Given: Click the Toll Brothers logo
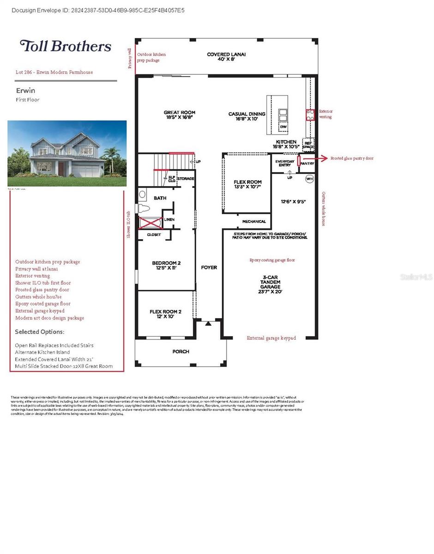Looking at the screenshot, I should [65, 46].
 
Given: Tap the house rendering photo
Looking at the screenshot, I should [67, 153].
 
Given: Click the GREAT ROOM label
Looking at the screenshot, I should [180, 115].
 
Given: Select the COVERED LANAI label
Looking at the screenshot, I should [226, 57].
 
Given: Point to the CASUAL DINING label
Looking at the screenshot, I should [247, 116].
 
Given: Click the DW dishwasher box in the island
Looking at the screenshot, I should [283, 126].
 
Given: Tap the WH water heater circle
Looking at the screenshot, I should [309, 179].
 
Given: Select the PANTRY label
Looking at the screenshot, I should [307, 163].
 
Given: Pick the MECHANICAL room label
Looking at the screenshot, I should [254, 222].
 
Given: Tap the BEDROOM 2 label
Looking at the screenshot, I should [166, 265].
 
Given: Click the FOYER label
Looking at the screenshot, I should [209, 268].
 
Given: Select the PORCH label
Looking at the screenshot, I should [181, 352].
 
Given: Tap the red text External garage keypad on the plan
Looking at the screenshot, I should [271, 338].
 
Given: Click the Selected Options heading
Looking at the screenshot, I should [40, 332].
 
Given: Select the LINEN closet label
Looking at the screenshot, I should [169, 219].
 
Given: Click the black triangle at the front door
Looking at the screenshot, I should [208, 324].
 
